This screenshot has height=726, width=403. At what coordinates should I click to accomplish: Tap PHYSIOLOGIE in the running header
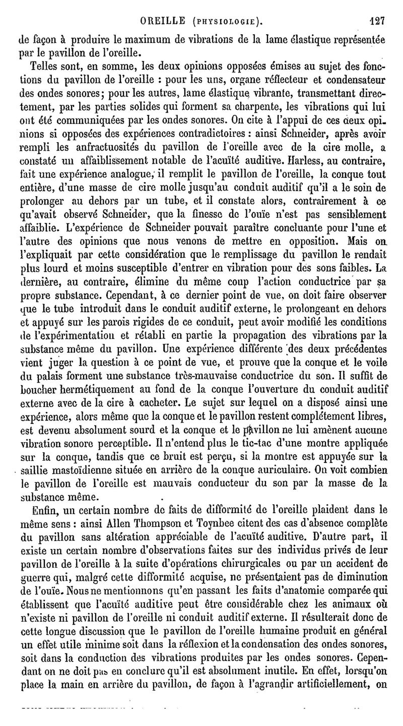[x=227, y=22]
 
